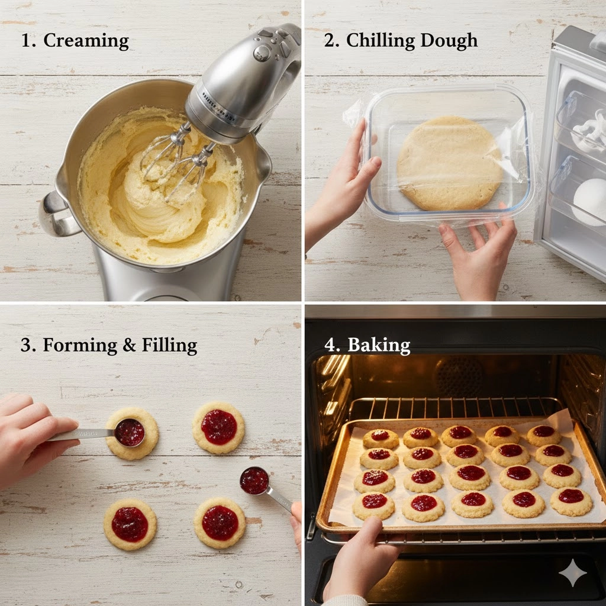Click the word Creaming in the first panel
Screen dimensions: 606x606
tap(86, 41)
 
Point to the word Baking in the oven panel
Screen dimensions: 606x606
tap(379, 344)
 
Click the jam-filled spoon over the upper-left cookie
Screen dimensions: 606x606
tap(130, 432)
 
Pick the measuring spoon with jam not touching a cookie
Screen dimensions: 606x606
tap(254, 480)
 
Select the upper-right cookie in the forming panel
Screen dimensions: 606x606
tap(218, 427)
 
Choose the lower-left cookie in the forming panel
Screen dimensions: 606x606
tap(130, 524)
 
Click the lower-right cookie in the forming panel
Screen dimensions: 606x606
tap(220, 523)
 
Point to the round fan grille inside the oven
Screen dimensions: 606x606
tap(459, 376)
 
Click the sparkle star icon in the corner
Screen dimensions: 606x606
tap(573, 573)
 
